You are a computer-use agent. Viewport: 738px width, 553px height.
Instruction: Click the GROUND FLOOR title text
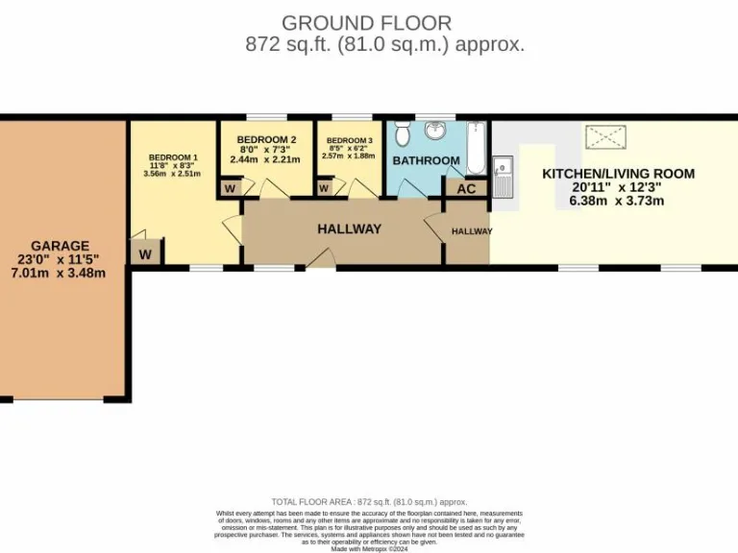pos(366,22)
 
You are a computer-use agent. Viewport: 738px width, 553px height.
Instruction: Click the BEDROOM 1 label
pos(173,157)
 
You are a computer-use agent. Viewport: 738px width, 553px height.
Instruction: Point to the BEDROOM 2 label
pos(266,138)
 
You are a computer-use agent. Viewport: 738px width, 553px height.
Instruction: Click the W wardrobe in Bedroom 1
pos(145,254)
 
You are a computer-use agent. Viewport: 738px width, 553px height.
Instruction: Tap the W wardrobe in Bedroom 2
pos(230,188)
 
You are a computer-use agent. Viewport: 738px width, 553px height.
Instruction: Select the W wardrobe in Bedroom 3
pos(326,188)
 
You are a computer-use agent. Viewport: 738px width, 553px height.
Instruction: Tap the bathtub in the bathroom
pos(476,149)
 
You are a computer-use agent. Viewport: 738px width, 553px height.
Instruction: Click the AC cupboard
pos(466,188)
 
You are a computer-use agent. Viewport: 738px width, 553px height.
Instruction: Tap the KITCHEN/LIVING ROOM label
pos(618,174)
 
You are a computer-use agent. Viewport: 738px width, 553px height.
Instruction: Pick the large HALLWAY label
pos(349,228)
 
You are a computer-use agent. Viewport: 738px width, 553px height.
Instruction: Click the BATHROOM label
pos(426,160)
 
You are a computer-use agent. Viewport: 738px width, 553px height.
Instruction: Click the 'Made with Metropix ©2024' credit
pos(369,547)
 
